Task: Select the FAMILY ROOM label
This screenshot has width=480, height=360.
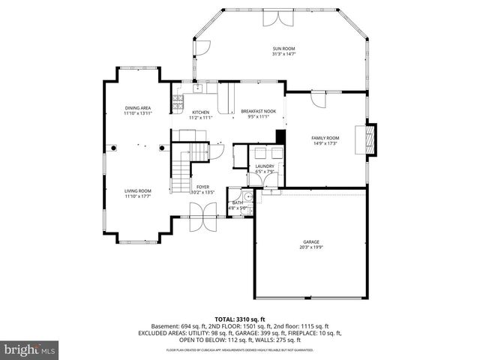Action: tap(325, 138)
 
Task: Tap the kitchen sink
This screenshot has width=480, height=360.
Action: tap(197, 88)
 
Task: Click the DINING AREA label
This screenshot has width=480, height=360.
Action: tap(137, 108)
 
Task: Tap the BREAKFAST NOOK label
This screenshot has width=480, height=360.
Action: tap(258, 111)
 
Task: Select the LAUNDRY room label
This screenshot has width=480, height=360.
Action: tap(265, 166)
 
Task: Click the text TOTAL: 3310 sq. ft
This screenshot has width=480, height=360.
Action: tap(239, 319)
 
